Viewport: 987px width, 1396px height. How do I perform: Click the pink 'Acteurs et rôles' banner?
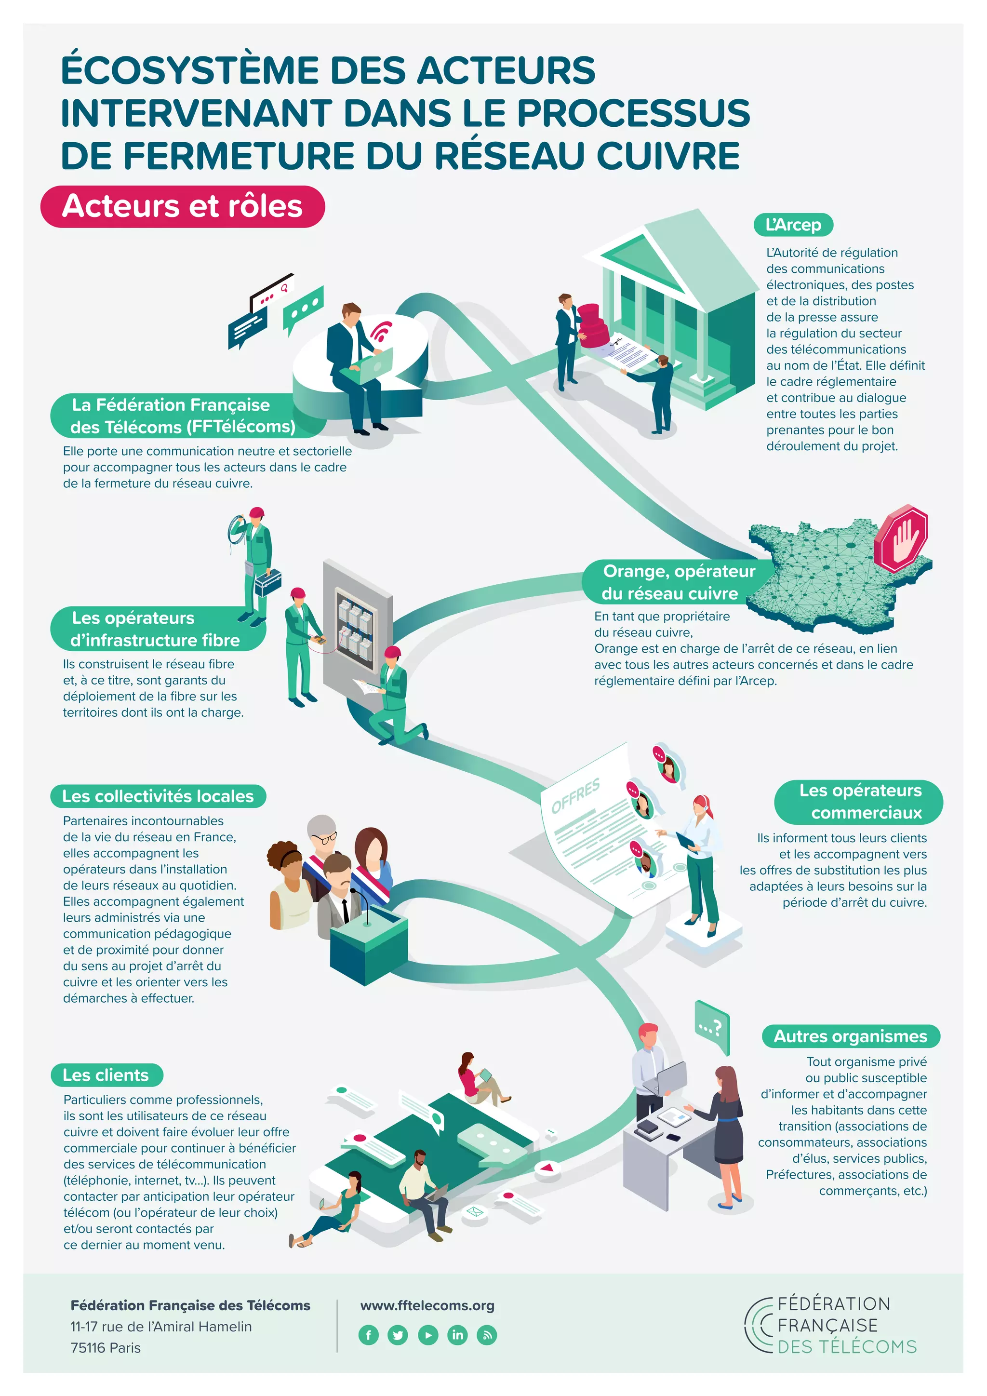pos(182,206)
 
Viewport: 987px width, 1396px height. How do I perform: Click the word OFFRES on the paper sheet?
pos(575,795)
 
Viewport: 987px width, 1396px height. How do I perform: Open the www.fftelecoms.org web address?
pos(427,1305)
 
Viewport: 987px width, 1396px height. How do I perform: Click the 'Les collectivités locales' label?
pos(158,796)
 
